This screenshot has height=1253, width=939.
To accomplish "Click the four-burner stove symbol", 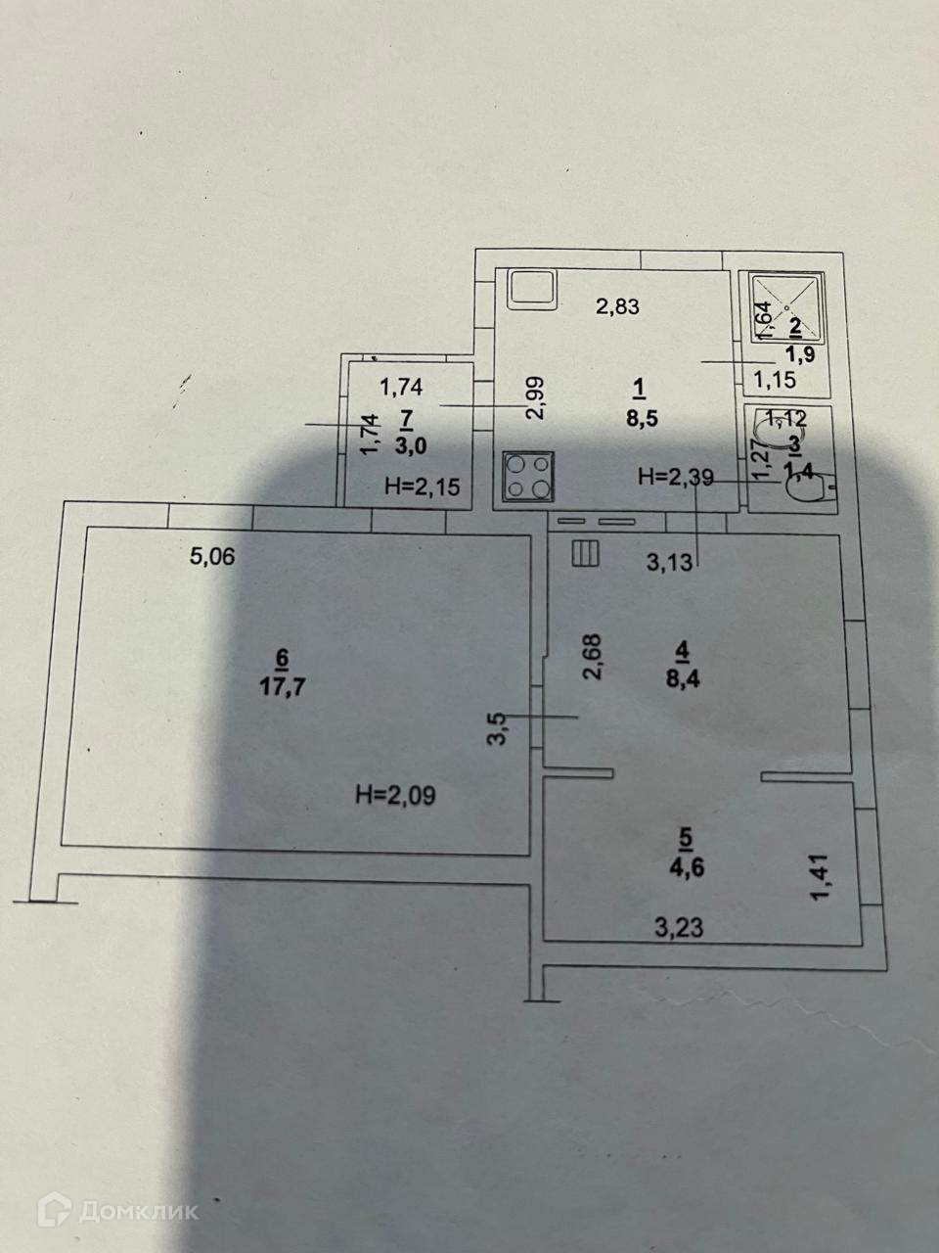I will pyautogui.click(x=528, y=477).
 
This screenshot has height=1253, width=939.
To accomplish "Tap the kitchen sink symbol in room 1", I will pyautogui.click(x=531, y=288).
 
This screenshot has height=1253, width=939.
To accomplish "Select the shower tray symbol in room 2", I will pyautogui.click(x=789, y=306).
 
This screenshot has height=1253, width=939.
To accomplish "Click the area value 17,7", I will pyautogui.click(x=283, y=685).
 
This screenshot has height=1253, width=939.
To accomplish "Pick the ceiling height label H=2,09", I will pyautogui.click(x=395, y=796).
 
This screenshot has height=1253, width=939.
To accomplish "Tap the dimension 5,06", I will pyautogui.click(x=213, y=557).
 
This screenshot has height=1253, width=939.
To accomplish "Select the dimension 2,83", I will pyautogui.click(x=617, y=306).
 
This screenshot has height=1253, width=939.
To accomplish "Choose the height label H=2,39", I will pyautogui.click(x=676, y=478).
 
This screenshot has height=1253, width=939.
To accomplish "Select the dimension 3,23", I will pyautogui.click(x=679, y=927).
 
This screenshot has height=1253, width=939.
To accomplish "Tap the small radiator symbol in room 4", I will pyautogui.click(x=586, y=554).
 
